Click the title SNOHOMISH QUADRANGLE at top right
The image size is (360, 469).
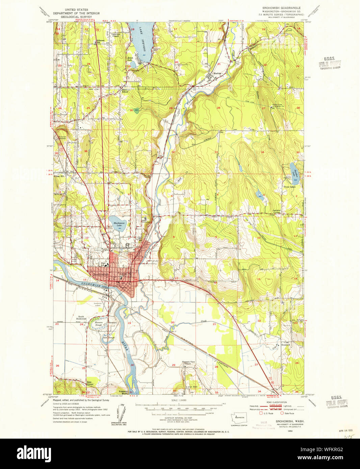click(x=281, y=7)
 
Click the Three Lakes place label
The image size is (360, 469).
click(x=289, y=187)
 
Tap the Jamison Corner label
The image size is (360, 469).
click(x=277, y=211)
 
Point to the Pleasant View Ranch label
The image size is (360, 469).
click(x=188, y=362)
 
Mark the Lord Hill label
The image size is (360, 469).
click(x=191, y=387)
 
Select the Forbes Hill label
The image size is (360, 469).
click(x=59, y=175)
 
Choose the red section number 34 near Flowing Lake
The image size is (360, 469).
click(x=262, y=152)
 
